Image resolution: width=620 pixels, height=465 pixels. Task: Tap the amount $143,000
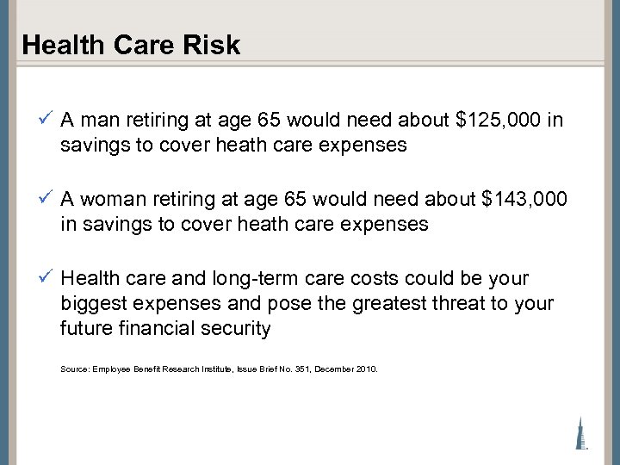524,199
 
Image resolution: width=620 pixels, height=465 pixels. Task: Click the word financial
164,329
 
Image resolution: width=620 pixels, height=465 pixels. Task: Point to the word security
239,329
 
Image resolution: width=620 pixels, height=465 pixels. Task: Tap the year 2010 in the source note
365,369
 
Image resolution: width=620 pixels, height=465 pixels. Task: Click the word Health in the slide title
57,46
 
